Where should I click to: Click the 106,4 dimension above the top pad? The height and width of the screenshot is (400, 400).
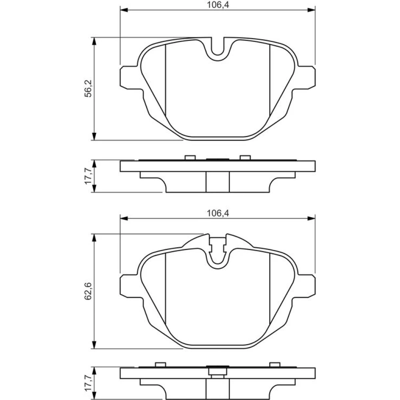pos(218,5)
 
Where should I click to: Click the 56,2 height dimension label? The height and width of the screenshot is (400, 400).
pos(88,88)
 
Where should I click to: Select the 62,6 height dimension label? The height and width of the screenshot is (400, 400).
pos(88,291)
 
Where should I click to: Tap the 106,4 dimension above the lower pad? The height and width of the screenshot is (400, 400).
pos(218,213)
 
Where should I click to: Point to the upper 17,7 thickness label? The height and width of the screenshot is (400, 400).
pos(88,176)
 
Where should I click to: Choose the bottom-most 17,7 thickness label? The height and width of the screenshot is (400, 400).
pos(88,383)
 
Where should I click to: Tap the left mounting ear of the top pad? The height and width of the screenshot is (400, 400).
pos(130,78)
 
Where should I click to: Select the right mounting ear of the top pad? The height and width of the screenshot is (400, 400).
pos(305,78)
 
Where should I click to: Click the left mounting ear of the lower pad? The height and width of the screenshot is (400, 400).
pos(130,286)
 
